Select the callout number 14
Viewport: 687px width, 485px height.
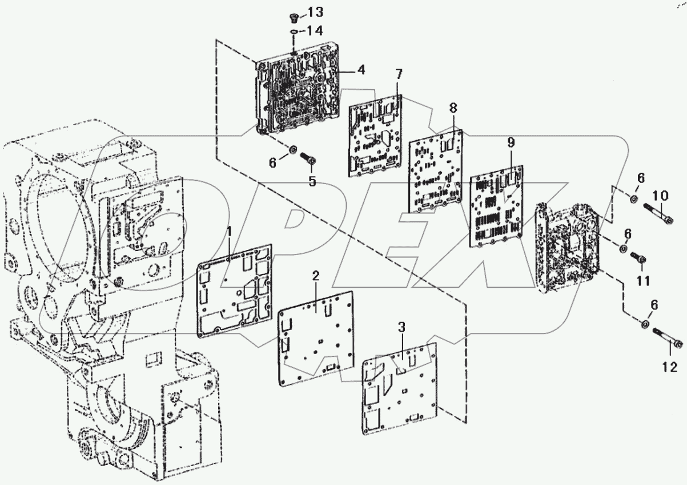316,31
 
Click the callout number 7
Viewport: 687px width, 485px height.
399,74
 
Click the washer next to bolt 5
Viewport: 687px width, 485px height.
291,150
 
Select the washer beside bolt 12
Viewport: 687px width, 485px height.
644,325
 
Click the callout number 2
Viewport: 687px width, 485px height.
315,276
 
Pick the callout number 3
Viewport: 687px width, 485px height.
401,327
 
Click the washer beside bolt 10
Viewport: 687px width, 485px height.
634,198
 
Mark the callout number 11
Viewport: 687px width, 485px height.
643,281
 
